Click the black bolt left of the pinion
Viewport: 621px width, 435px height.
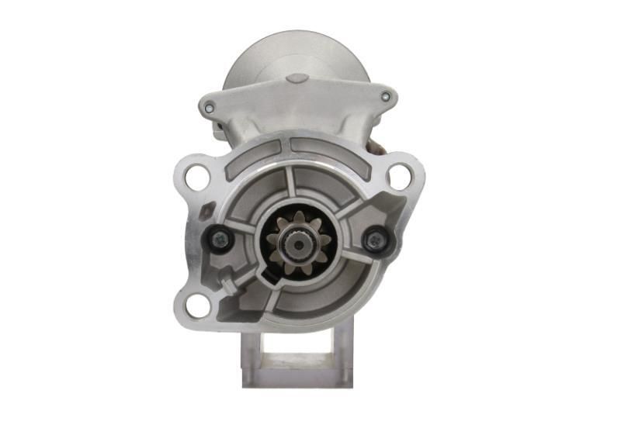coord(217,240)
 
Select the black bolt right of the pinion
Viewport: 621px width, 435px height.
coord(376,240)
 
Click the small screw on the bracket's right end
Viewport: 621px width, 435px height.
coord(386,97)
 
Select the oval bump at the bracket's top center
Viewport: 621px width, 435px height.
coord(297,79)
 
